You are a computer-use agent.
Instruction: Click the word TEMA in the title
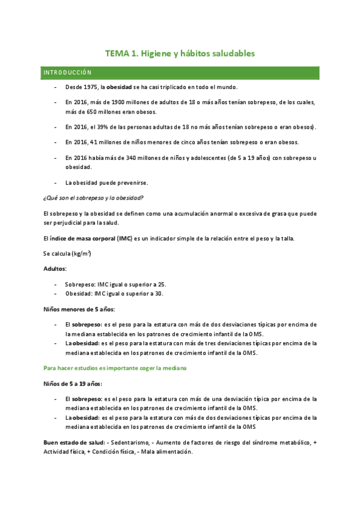tap(117, 54)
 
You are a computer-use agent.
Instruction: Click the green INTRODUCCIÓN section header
tap(67, 72)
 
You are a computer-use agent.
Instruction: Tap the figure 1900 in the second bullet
tap(117, 102)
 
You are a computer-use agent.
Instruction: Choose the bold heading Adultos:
tap(55, 268)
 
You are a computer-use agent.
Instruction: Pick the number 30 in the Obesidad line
tap(159, 293)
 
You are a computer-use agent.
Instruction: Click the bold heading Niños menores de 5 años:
tap(79, 309)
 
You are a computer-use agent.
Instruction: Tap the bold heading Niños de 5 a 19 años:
tap(73, 383)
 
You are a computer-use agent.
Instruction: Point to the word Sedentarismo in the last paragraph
tap(126, 443)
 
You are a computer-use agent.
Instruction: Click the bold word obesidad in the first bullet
tap(119, 87)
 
